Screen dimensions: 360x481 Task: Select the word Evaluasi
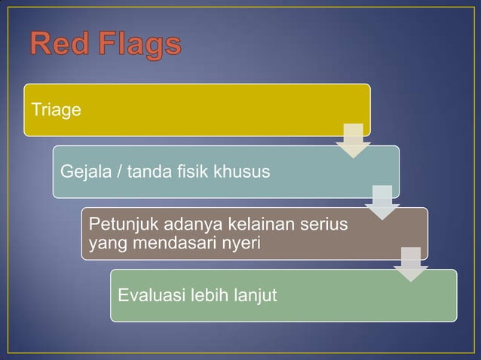click(x=150, y=295)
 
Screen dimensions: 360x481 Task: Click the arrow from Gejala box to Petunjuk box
click(x=382, y=202)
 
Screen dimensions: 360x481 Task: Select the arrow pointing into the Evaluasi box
click(x=411, y=264)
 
